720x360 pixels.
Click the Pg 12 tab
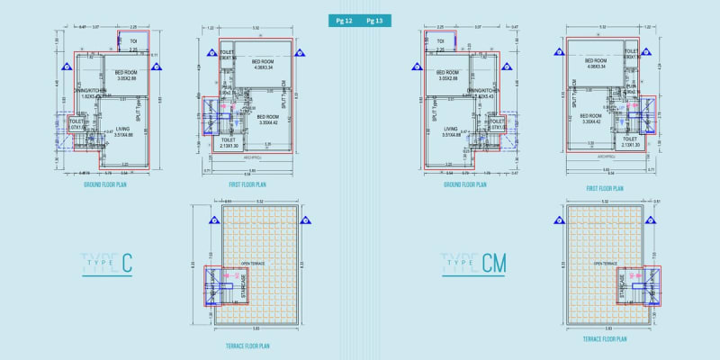tap(344, 20)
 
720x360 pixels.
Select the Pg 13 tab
tap(375, 20)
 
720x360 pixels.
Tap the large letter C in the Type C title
tap(127, 264)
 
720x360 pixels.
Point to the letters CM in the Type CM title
tap(494, 264)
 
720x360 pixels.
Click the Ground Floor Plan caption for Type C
tap(104, 184)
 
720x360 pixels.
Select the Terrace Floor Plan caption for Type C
tap(248, 345)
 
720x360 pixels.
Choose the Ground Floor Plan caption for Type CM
tap(464, 184)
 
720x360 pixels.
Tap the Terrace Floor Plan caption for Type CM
tap(605, 338)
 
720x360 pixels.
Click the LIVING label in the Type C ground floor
tap(123, 129)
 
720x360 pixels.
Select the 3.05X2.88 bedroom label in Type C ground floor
tap(125, 79)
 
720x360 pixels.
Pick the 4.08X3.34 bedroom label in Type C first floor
tap(265, 67)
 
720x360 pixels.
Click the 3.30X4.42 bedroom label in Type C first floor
tap(268, 122)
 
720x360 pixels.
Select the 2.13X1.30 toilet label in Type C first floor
tap(229, 145)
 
